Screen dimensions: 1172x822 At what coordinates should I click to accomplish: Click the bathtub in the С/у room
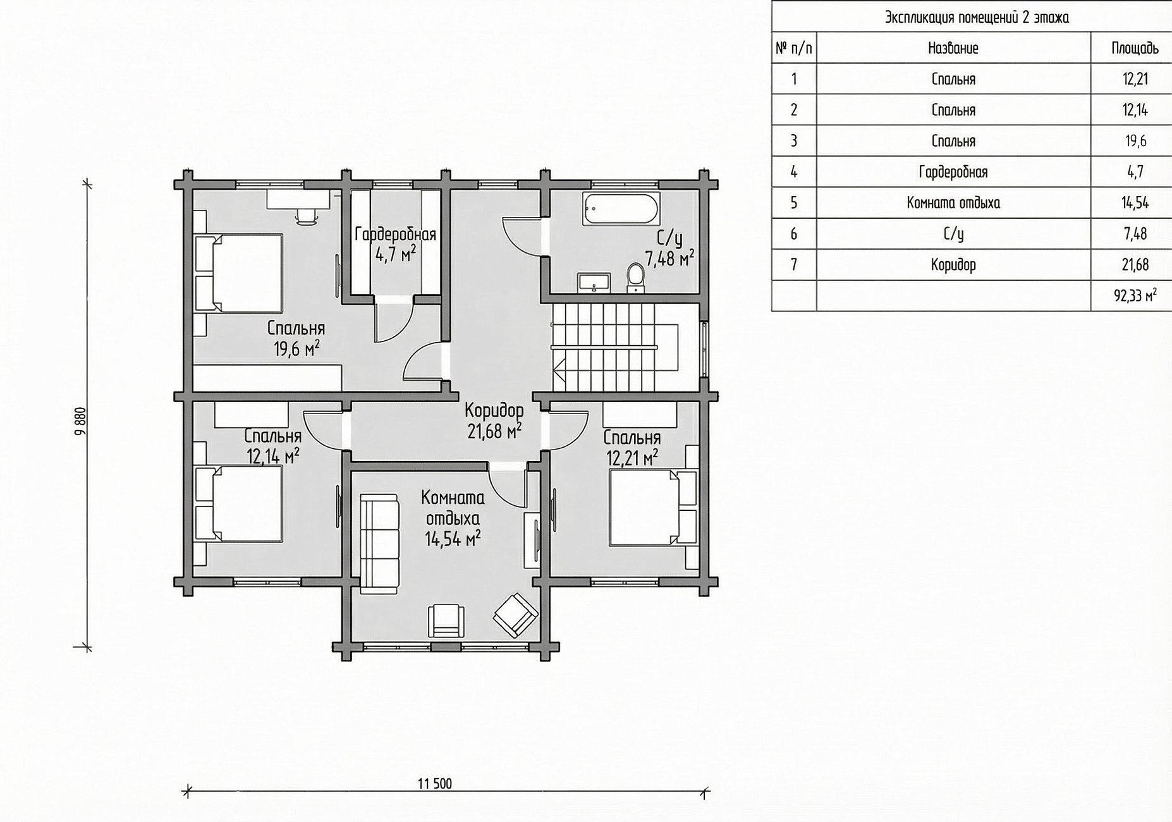pyautogui.click(x=622, y=209)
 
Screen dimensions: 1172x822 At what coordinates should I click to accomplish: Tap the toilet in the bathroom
pyautogui.click(x=635, y=278)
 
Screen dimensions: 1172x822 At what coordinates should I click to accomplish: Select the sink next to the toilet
pyautogui.click(x=594, y=283)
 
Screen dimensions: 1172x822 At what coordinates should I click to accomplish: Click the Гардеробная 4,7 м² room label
pyautogui.click(x=395, y=244)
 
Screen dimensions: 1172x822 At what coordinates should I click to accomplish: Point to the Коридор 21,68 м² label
pyautogui.click(x=494, y=420)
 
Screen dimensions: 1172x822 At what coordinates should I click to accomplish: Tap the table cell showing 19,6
pyautogui.click(x=1135, y=140)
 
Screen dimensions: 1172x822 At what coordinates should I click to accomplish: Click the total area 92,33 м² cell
pyautogui.click(x=1135, y=295)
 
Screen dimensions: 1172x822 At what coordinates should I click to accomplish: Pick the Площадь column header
pyautogui.click(x=1135, y=48)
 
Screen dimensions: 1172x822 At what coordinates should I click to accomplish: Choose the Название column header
pyautogui.click(x=953, y=48)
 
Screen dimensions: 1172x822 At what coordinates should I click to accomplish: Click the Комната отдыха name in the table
pyautogui.click(x=953, y=203)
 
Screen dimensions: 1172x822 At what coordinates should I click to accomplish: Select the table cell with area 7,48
pyautogui.click(x=1135, y=234)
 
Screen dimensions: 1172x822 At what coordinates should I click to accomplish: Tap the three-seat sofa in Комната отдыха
pyautogui.click(x=379, y=544)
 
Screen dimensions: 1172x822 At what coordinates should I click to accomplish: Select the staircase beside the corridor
pyautogui.click(x=616, y=347)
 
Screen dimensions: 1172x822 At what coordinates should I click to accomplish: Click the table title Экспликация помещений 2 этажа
pyautogui.click(x=977, y=18)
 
